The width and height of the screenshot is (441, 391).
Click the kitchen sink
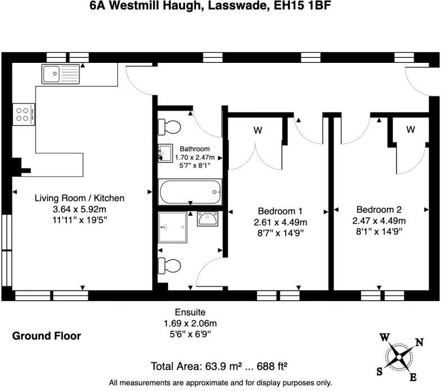61,74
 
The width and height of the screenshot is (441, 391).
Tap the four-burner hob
24,115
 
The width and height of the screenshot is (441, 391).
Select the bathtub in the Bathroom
190,192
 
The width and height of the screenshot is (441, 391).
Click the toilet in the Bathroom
169,127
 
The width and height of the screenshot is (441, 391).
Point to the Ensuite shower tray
173,227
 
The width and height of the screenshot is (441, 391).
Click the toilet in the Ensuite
169,265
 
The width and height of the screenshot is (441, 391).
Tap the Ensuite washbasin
207,219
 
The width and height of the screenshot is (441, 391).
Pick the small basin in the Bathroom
165,153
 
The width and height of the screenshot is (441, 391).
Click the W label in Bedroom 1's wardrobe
258,130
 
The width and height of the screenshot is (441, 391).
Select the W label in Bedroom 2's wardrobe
411,129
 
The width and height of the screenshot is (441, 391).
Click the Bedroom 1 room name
280,211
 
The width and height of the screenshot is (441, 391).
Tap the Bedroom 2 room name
379,210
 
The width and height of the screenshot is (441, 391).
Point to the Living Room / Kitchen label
80,198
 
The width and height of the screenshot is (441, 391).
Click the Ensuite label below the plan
190,312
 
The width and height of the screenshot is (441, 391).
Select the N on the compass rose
419,343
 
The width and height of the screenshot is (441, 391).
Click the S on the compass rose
380,372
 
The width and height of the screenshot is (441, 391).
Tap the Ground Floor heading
46,336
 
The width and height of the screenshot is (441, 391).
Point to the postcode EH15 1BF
303,6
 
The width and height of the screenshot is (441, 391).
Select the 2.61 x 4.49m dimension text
280,222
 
